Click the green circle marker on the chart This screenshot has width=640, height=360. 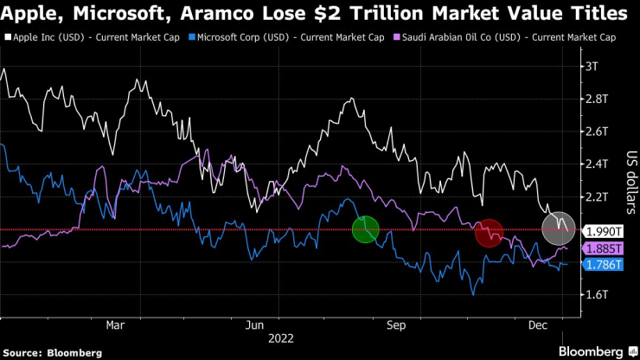pos(365,230)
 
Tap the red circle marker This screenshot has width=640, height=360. pos(490,232)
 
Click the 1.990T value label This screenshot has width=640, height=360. pos(604,231)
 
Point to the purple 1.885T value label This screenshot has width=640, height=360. pos(604,247)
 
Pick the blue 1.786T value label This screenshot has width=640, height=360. pos(604,264)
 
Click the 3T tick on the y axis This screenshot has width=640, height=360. pos(592,66)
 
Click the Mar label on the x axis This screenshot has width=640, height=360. pos(116,325)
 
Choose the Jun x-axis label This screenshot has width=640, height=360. pos(255,325)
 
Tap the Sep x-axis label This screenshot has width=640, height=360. pos(396,325)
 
